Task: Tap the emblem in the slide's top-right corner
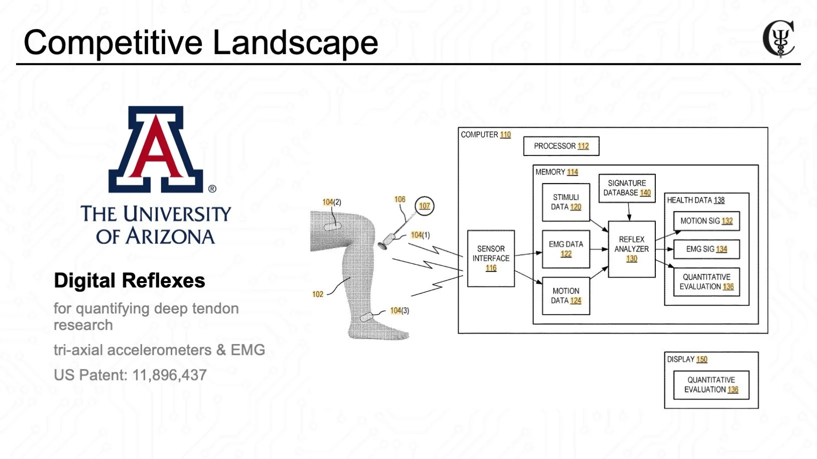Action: coord(779,38)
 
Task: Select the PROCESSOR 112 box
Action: coord(561,146)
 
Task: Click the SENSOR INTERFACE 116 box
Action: coord(491,258)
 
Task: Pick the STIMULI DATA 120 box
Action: coord(566,202)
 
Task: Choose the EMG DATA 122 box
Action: coord(566,249)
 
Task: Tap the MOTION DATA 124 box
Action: coord(566,295)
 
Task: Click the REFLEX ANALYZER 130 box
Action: coord(631,249)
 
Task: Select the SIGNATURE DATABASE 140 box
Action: coord(627,188)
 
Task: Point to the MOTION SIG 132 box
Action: coord(706,221)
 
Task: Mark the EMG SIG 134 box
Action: coord(706,249)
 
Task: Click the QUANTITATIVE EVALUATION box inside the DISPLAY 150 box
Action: coord(711,384)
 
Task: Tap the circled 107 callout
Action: coord(425,206)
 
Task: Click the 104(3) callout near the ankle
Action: coord(399,310)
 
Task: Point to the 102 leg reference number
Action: coord(318,294)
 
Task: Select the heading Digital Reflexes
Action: coord(129,280)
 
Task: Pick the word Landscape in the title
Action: coord(295,42)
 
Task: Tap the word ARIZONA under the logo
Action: coord(170,236)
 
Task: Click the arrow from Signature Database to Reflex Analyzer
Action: coord(629,212)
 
